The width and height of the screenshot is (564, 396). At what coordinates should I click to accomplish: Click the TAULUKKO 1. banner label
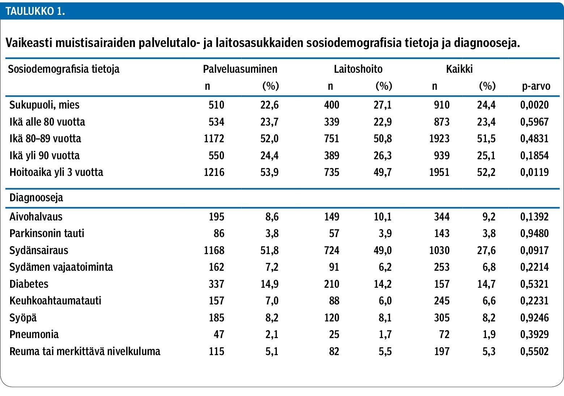pos(35,11)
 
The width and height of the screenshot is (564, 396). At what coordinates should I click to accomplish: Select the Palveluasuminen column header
pos(240,69)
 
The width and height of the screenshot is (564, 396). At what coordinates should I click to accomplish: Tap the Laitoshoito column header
pos(358,69)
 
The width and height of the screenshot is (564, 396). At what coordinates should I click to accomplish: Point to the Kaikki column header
pos(459,69)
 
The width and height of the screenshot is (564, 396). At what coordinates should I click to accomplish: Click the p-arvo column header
pos(536,86)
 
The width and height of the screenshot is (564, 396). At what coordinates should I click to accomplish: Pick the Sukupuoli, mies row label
pos(44,105)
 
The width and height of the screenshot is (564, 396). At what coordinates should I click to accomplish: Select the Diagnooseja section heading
pos(36,198)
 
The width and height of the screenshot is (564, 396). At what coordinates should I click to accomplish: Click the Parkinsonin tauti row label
pos(47,233)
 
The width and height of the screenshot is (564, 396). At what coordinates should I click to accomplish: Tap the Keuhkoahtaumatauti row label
pos(55,300)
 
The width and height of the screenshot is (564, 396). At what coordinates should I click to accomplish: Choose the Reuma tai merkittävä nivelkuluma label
pos(85,351)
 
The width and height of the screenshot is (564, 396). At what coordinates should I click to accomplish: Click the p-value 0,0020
pos(534,105)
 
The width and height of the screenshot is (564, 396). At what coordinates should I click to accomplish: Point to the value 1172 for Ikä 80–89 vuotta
pos(214,139)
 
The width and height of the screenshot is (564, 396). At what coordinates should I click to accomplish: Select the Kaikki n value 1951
pos(439,172)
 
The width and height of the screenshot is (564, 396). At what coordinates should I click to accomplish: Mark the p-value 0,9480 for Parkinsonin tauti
pos(534,233)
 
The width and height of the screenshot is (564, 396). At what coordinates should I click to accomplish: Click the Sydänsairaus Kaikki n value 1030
pos(439,250)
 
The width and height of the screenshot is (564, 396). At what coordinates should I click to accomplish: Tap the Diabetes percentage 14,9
pos(270,284)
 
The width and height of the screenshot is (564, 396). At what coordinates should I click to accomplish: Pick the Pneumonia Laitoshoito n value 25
pos(334,334)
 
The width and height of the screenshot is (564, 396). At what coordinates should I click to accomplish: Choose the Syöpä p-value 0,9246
pos(534,317)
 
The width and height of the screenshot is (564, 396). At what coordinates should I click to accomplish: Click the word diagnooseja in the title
pos(487,43)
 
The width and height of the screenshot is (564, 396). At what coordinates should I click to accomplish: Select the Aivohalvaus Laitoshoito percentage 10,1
pos(382,216)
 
